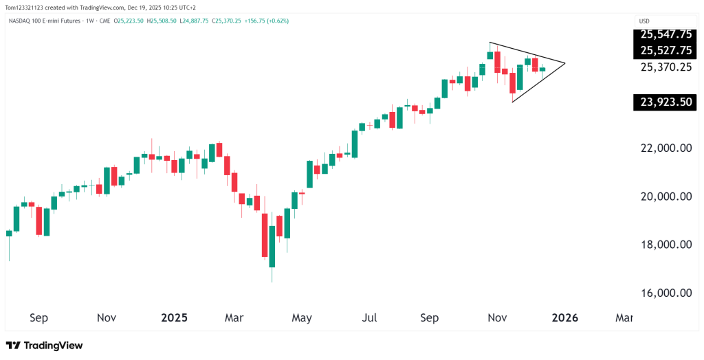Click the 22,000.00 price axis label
(x=665, y=148)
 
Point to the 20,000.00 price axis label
(x=665, y=196)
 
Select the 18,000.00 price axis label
(x=665, y=245)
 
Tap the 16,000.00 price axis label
(x=665, y=293)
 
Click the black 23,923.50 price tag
(x=665, y=103)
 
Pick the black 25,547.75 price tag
(x=665, y=34)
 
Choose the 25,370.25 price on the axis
(x=665, y=67)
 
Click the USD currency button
(x=644, y=21)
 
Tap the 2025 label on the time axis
(x=174, y=318)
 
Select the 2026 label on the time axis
(x=564, y=318)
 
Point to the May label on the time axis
(x=302, y=318)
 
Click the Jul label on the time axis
(x=369, y=318)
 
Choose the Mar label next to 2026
(x=623, y=318)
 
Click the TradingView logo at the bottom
(x=44, y=345)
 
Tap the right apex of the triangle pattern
(x=564, y=63)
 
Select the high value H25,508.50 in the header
(x=164, y=21)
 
